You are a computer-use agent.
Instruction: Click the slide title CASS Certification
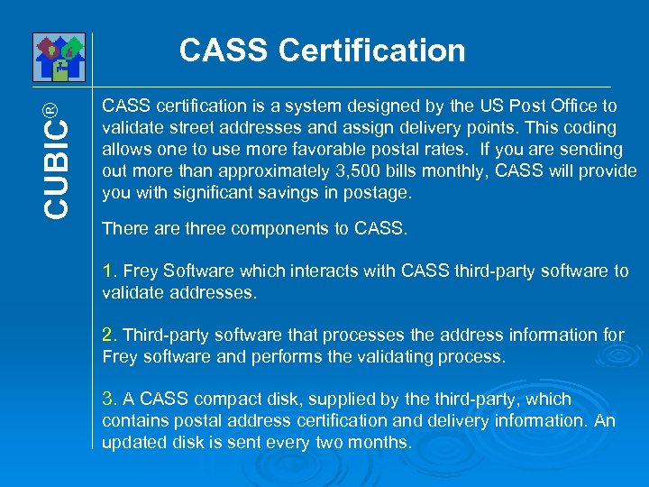(322, 51)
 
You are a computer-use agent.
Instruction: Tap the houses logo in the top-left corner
(58, 57)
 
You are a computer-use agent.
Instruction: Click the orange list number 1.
(109, 271)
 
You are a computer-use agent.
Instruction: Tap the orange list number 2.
(109, 335)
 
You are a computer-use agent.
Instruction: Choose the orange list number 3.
(109, 400)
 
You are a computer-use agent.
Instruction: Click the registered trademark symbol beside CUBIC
(51, 109)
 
